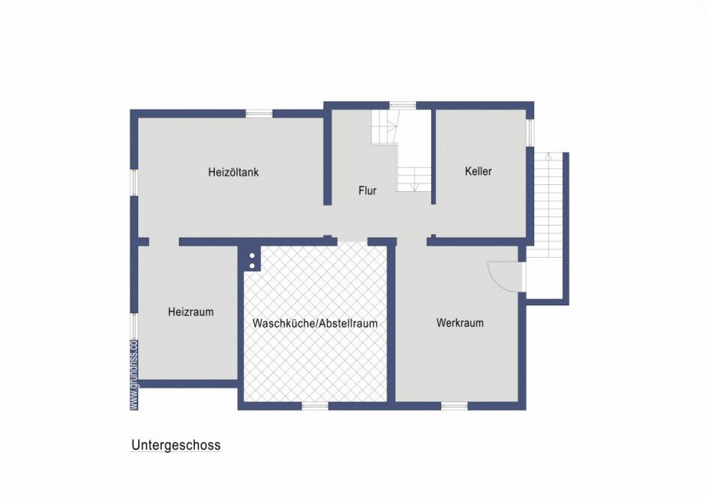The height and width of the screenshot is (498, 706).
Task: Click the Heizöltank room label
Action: [233, 172]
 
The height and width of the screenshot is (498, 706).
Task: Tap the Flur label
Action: [368, 190]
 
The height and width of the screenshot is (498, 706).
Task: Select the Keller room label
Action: [478, 171]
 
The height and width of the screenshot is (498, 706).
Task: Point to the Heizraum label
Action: [190, 312]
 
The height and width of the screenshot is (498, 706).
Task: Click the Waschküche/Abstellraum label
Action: [315, 323]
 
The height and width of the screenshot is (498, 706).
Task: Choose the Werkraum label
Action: [460, 323]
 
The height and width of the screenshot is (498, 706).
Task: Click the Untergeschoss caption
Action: [176, 445]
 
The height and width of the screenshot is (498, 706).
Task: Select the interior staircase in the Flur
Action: [402, 153]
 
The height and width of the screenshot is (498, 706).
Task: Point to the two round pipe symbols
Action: [252, 260]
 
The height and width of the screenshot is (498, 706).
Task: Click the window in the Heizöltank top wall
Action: [259, 114]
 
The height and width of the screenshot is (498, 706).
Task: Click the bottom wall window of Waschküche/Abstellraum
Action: [315, 405]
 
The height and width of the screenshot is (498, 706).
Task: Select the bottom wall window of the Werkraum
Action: [454, 405]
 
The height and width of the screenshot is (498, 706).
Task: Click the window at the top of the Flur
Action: [402, 106]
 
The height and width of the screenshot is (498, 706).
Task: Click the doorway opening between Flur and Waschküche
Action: [352, 241]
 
